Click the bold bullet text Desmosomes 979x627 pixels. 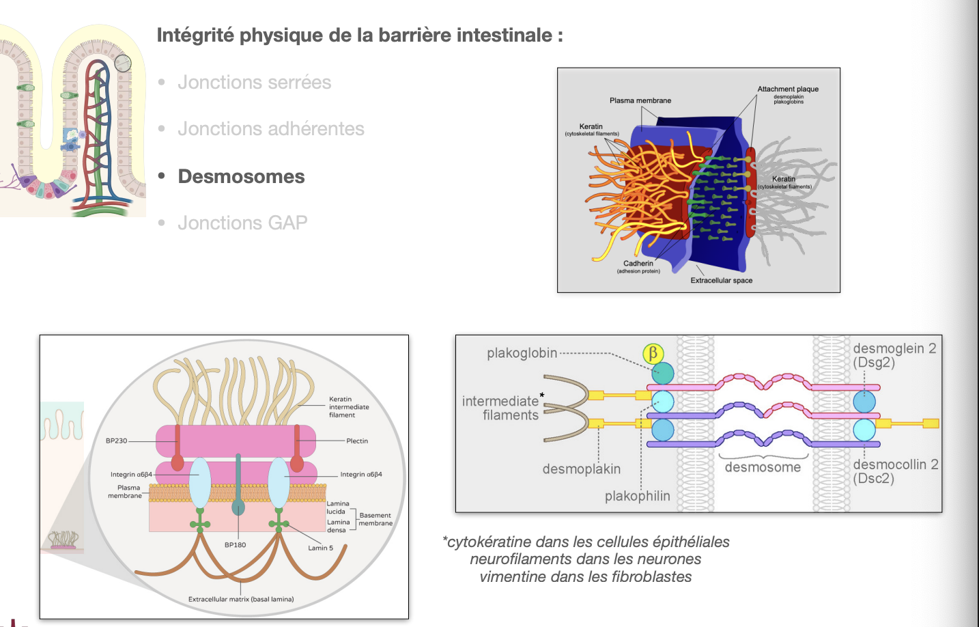tap(241, 176)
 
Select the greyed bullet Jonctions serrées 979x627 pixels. tap(254, 83)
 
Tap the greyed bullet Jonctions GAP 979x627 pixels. tap(242, 223)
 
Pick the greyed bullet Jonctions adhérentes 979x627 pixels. tap(271, 129)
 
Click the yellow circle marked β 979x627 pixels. tap(653, 353)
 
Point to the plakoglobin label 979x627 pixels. tap(522, 353)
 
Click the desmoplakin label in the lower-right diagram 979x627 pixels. tap(581, 469)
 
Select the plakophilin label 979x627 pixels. tap(637, 496)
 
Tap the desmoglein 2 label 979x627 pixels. tap(894, 355)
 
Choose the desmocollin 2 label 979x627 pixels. tap(895, 471)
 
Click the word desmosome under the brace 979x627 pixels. tap(763, 467)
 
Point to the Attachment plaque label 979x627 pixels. tap(788, 89)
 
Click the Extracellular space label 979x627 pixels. tap(721, 281)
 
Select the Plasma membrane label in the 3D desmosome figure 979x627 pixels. tap(640, 100)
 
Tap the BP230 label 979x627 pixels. tap(116, 441)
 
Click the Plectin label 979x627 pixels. tap(357, 441)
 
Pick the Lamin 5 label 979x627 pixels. tap(320, 548)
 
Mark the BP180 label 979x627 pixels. tap(235, 545)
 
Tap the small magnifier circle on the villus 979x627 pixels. tap(122, 64)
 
